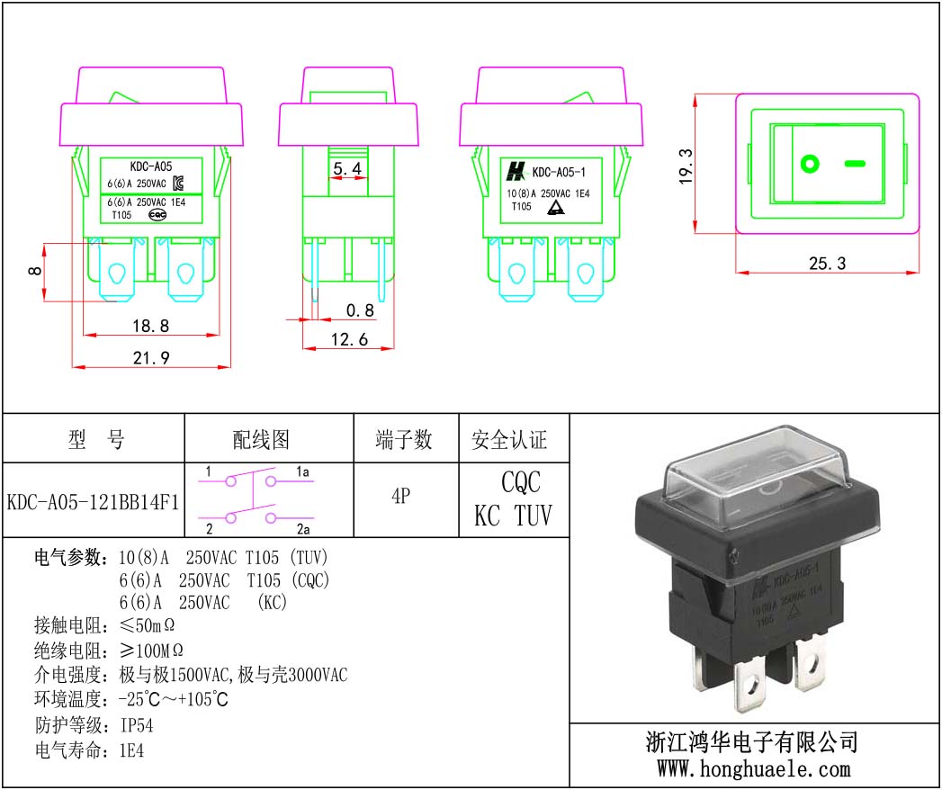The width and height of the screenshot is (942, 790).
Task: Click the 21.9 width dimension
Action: click(151, 357)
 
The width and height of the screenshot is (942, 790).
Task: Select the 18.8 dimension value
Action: click(151, 325)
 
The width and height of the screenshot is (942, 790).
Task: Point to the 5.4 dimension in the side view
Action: click(348, 168)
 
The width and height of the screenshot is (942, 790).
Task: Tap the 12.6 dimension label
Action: click(349, 339)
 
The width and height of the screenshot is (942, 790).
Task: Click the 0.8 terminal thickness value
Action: click(359, 310)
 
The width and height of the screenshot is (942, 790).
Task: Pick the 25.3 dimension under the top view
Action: click(827, 263)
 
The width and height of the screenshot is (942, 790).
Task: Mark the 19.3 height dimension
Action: click(686, 165)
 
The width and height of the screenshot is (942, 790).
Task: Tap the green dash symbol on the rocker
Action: click(856, 164)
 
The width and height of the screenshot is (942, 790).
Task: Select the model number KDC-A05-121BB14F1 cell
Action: click(93, 501)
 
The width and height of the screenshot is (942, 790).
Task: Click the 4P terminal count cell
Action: click(401, 496)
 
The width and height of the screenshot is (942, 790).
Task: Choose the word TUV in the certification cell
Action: click(533, 516)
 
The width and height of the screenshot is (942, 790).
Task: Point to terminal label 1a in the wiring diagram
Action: click(302, 471)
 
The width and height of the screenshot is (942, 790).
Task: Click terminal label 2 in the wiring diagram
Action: click(208, 528)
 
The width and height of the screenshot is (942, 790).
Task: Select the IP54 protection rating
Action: click(142, 725)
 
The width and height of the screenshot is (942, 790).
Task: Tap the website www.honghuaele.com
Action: click(753, 769)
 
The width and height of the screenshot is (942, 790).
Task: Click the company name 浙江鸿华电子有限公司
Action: click(752, 742)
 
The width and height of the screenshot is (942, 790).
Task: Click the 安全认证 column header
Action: click(509, 440)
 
